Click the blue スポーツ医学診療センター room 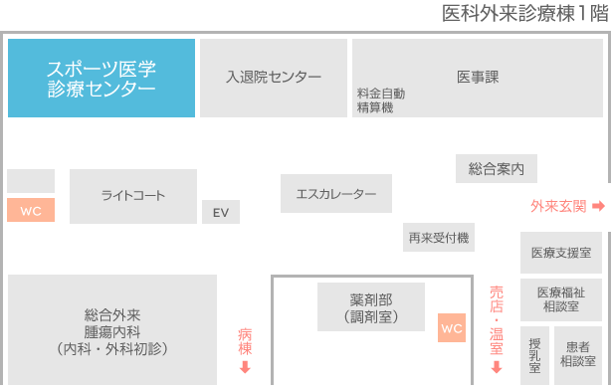point(101,79)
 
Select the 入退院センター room point(274,78)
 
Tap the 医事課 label point(478,77)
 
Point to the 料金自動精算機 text point(381,99)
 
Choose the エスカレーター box point(336,193)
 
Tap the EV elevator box point(221,213)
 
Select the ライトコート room point(133,196)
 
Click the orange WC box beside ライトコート point(31,211)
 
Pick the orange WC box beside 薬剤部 point(452,328)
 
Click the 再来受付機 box point(439,238)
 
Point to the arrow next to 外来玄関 point(598,206)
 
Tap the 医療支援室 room point(561,253)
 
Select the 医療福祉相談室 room point(561,299)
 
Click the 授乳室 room point(534,354)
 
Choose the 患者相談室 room point(578,354)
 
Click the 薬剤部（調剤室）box point(371,307)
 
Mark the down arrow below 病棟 point(245,368)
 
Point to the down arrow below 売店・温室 point(496,368)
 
